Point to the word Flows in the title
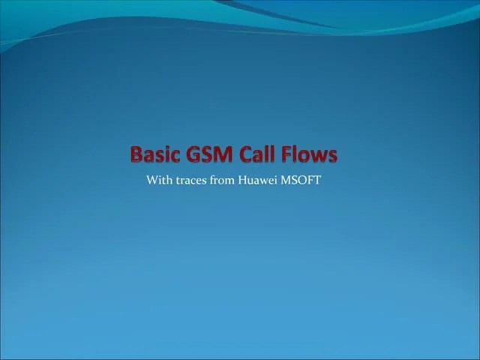click(311, 154)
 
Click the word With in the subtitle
click(159, 180)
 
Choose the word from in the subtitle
click(222, 180)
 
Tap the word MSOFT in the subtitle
click(301, 180)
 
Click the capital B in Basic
click(137, 154)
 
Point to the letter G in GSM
click(193, 154)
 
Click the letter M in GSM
click(226, 154)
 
